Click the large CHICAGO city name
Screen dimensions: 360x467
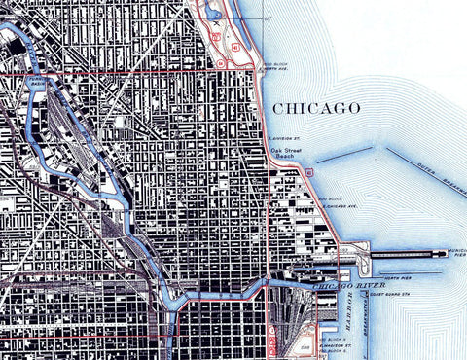point(317,107)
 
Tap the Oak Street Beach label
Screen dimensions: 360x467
point(288,155)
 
